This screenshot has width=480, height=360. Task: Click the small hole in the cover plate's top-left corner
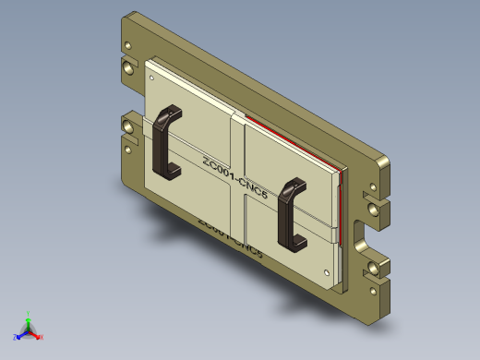[150, 78]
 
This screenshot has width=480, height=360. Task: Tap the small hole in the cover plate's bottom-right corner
[329, 272]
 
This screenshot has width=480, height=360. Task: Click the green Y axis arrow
[29, 316]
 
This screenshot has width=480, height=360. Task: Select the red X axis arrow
[39, 337]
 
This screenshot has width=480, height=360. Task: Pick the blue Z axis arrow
[18, 337]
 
